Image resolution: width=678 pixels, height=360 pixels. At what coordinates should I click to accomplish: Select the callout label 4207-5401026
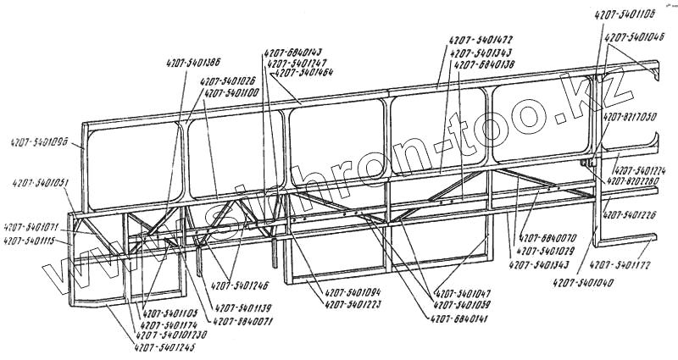[228, 82]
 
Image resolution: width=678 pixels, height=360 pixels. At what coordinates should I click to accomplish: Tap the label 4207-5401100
[231, 92]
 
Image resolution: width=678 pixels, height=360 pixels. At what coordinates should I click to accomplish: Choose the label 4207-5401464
[302, 73]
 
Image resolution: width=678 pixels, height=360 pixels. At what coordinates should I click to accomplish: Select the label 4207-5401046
[634, 36]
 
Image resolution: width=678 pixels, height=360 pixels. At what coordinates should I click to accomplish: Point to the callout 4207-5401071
[31, 228]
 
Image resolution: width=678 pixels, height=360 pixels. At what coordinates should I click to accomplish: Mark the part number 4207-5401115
[31, 241]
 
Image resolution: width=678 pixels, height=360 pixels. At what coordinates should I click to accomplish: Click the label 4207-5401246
[240, 286]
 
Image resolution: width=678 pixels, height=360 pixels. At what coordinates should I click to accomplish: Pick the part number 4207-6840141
[460, 319]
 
